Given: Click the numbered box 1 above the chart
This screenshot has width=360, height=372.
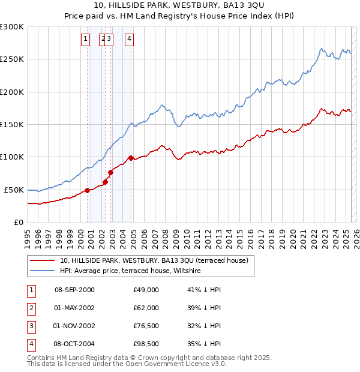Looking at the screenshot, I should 85,40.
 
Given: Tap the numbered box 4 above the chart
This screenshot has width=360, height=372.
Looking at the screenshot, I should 129,40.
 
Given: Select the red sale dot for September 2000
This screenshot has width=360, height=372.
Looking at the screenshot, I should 87,190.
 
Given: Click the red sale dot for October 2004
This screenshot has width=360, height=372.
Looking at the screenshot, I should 131,158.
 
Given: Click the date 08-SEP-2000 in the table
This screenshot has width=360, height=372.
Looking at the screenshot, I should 74,290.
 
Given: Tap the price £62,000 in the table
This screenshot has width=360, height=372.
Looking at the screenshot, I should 146,308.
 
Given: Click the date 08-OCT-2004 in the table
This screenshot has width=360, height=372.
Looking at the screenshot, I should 74,344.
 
